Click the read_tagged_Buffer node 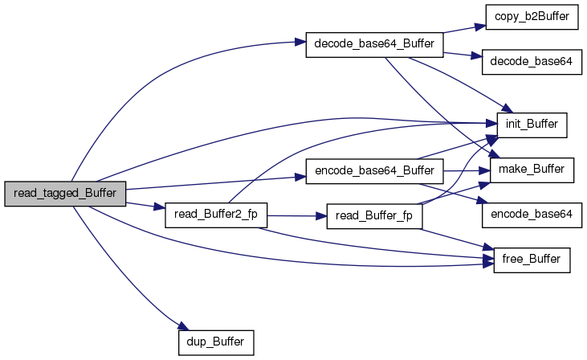pos(65,194)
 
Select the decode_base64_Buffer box pos(374,45)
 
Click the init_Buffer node pos(532,125)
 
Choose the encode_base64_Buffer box pos(374,171)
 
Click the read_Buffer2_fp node pos(215,215)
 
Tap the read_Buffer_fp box pos(374,218)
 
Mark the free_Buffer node pos(532,260)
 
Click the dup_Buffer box pos(215,342)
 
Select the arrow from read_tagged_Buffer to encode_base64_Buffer pos(217,182)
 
